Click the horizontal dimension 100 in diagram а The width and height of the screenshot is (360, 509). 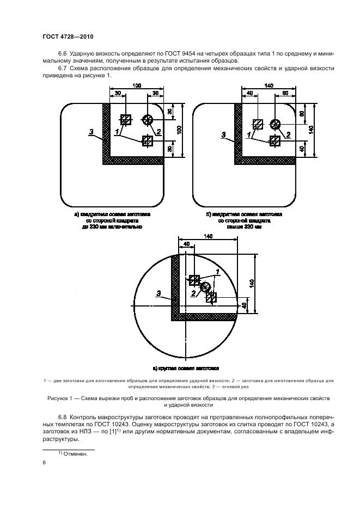coord(136,87)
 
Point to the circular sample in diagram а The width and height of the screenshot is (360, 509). coord(147,120)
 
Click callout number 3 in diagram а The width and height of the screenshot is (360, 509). coord(92,132)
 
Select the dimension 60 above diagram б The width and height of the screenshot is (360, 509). coord(285,93)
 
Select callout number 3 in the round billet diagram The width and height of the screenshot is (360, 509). coord(159,293)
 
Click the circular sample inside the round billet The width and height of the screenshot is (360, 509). coord(205,287)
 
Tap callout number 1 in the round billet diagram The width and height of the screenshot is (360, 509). coord(218,271)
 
